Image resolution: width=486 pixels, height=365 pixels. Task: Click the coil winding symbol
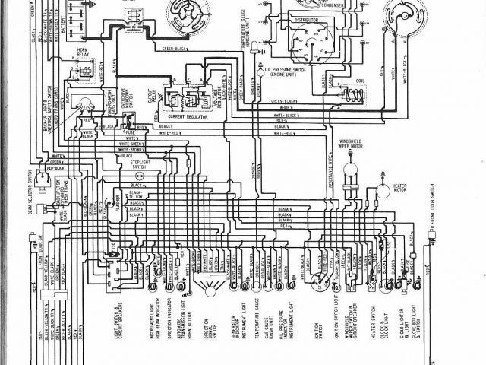353,94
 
